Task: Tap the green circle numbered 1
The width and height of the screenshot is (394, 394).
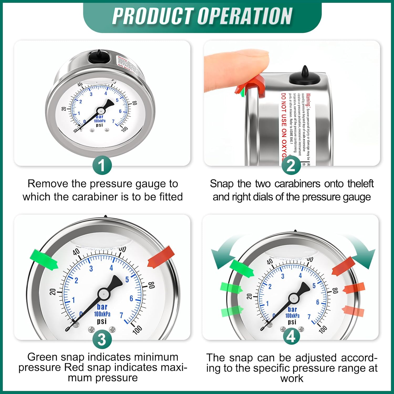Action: coord(102,165)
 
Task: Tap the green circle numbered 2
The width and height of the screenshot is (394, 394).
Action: coord(291,165)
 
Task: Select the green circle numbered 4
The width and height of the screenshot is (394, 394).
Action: coord(291,336)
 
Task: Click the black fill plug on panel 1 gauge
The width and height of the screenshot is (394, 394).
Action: coord(99,57)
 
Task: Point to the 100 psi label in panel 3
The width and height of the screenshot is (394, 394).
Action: coord(137,329)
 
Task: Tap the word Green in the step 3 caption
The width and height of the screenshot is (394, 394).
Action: coord(43,357)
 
